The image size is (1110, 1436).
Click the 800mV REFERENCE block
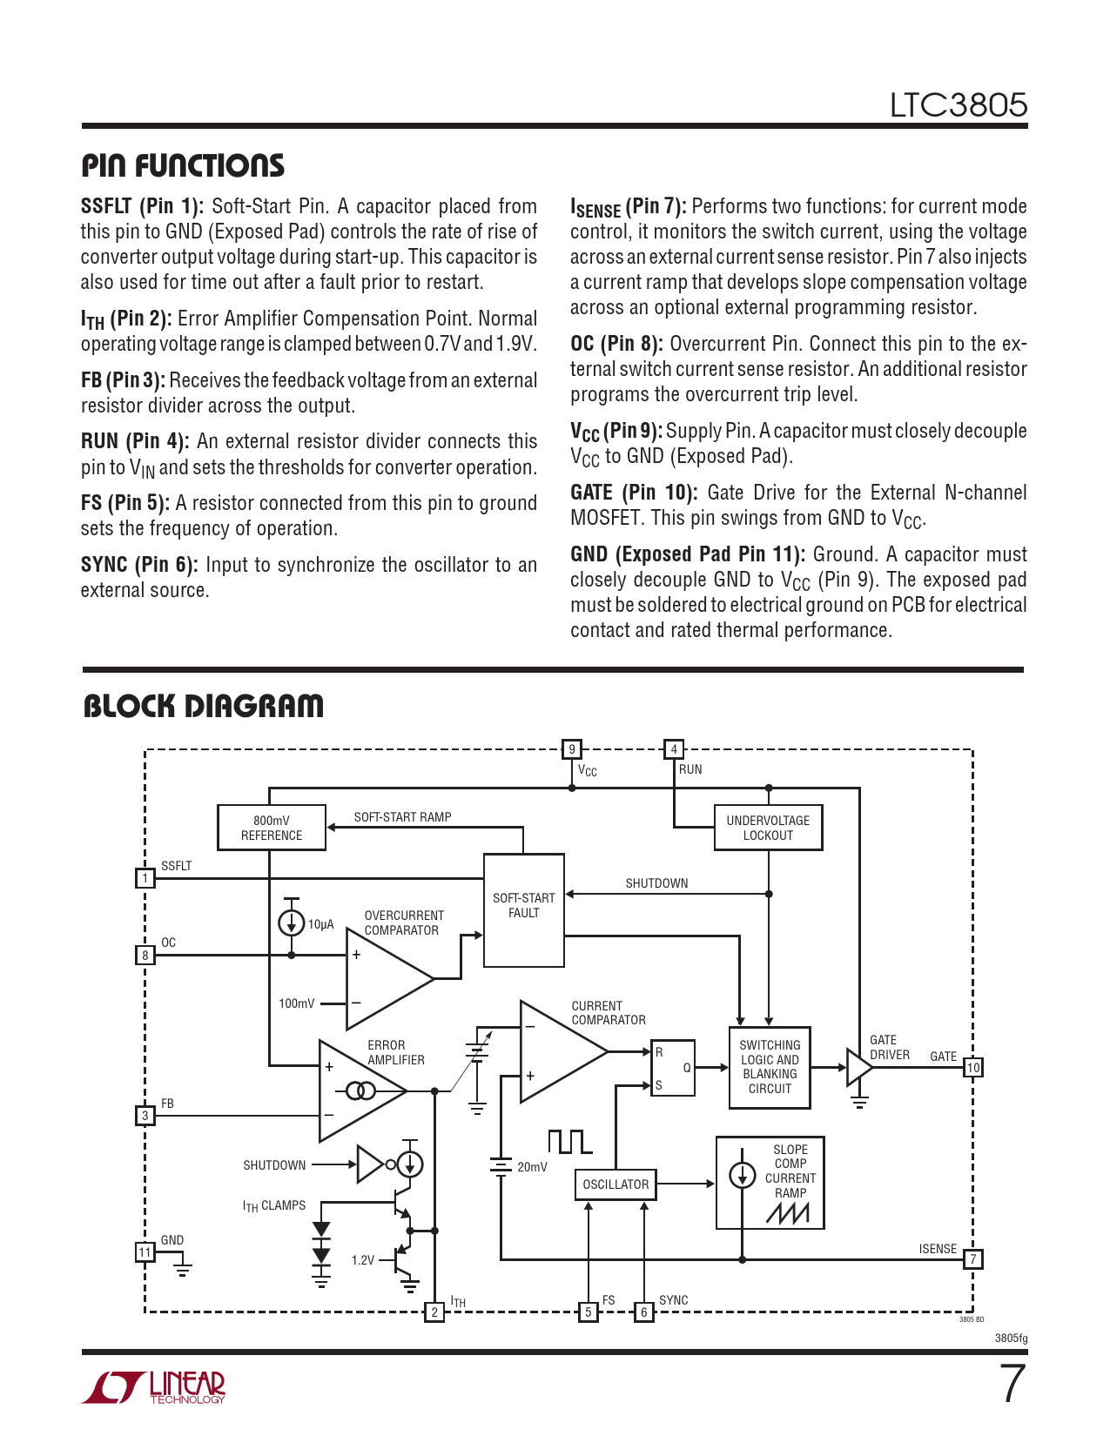[271, 828]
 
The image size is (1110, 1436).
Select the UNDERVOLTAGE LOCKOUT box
[768, 828]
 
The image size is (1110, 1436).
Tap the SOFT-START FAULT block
[523, 910]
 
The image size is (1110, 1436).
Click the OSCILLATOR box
[616, 1184]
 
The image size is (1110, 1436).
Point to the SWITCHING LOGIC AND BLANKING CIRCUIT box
[770, 1067]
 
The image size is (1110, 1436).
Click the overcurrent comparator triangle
[383, 979]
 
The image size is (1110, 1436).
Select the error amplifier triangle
[357, 1090]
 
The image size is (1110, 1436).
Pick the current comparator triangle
[557, 1051]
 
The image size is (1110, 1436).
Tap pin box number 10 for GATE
[972, 1067]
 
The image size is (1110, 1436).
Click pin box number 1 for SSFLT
[145, 878]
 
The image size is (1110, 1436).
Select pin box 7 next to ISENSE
[972, 1259]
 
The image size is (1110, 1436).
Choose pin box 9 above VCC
[572, 749]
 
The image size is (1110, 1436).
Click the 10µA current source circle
[291, 923]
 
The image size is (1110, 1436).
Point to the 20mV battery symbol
[501, 1166]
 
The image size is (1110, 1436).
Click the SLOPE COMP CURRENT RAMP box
[770, 1182]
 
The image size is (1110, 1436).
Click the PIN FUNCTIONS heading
[183, 165]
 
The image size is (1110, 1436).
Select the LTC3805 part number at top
[958, 105]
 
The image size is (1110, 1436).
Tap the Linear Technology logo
[154, 1387]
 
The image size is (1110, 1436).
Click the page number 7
[1012, 1384]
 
